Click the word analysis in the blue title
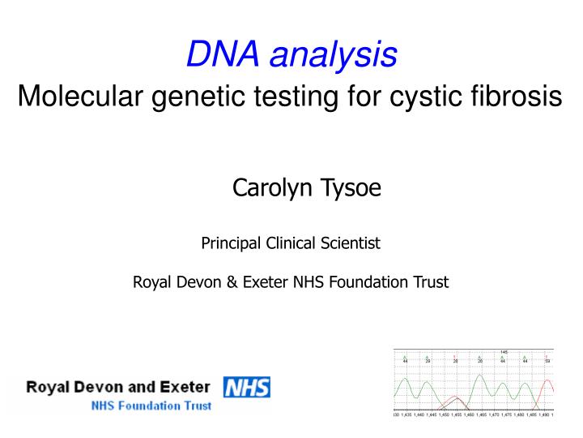pyautogui.click(x=333, y=55)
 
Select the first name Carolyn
pyautogui.click(x=266, y=189)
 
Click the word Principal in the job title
pyautogui.click(x=229, y=243)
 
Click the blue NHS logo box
pyautogui.click(x=246, y=388)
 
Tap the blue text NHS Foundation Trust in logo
pyautogui.click(x=151, y=406)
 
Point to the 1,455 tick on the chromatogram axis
pyautogui.click(x=456, y=414)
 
